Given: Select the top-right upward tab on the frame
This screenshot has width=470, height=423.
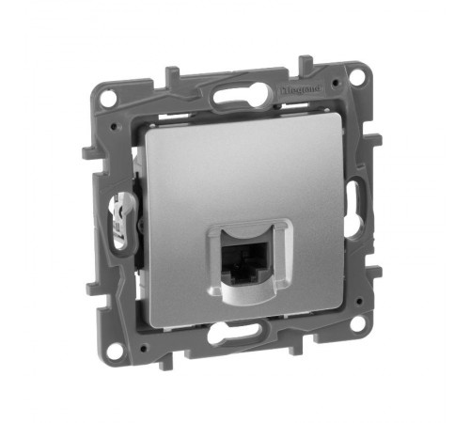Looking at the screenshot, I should coord(304,65).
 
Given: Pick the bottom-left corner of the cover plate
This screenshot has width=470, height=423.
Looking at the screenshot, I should coord(155,311).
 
